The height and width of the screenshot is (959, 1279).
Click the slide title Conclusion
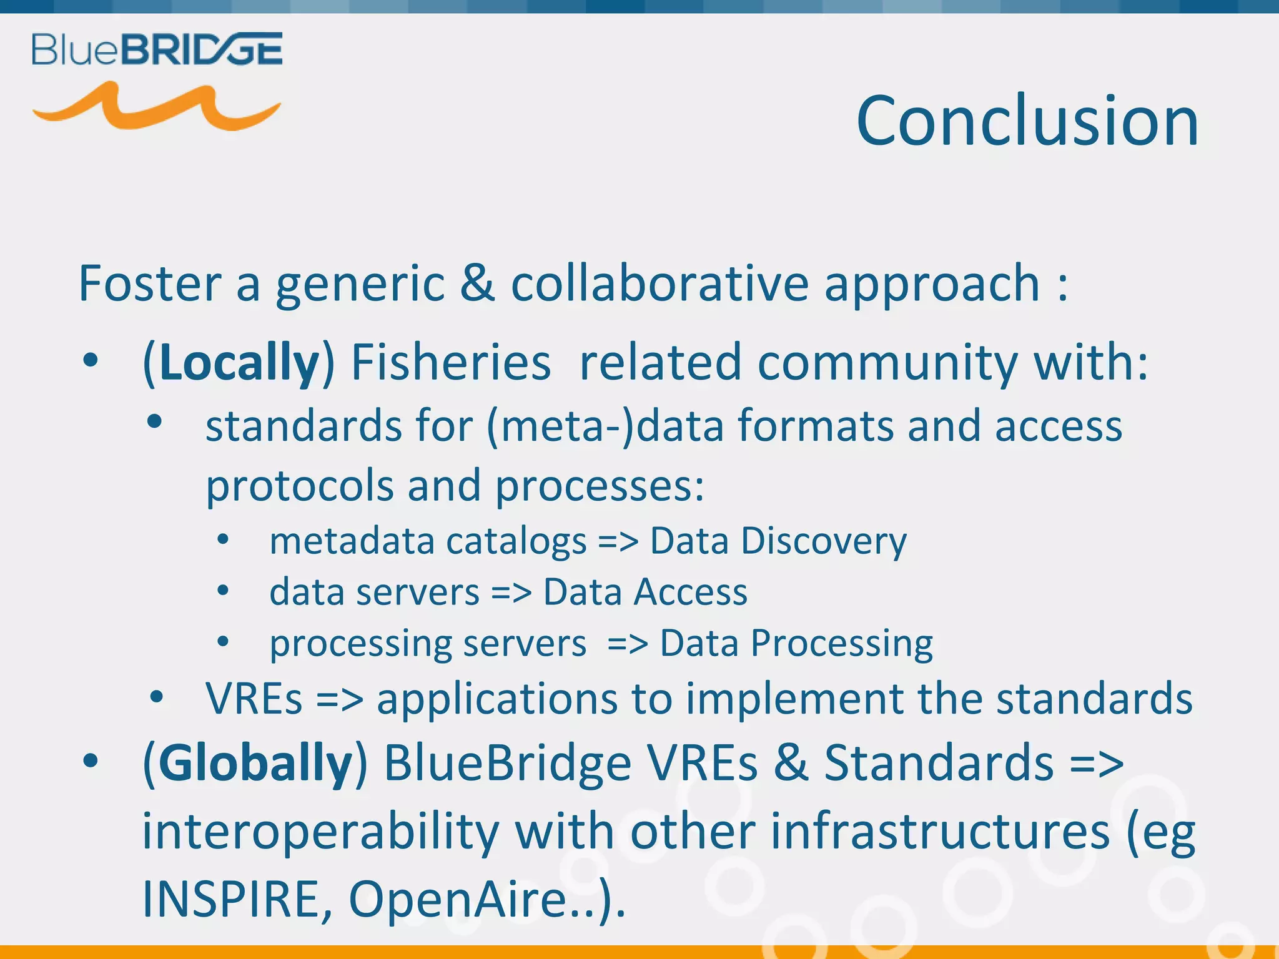point(1027,120)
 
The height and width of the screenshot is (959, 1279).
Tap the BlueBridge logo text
point(157,49)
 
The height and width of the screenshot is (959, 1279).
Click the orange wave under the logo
point(156,107)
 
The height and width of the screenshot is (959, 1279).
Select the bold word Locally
point(239,363)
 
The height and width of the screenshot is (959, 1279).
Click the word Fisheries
point(451,363)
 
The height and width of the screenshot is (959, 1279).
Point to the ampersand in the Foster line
point(477,283)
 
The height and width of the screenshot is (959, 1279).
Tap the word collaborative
point(660,283)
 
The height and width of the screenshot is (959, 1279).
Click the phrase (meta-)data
point(605,426)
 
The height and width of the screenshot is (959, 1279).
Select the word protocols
point(300,486)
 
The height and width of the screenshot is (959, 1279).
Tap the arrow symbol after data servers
point(511,592)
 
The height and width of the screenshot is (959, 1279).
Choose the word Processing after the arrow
point(841,643)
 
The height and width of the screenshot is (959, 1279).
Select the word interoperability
point(320,832)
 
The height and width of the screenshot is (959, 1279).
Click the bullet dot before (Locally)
point(91,361)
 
